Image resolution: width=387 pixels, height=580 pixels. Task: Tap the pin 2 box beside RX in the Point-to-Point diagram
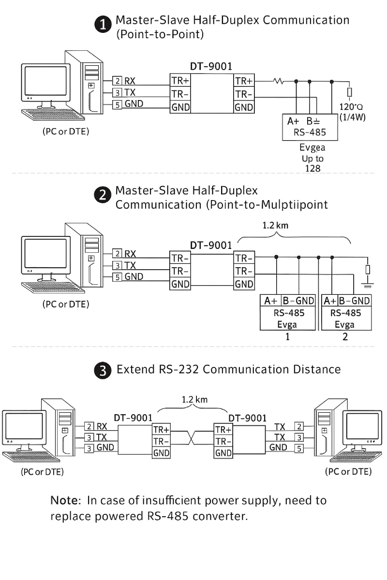[x=118, y=81]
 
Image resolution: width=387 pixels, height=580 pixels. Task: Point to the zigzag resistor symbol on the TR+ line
[x=279, y=81]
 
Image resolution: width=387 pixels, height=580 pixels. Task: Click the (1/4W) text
[x=353, y=117]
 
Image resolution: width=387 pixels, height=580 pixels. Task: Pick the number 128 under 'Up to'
[x=313, y=168]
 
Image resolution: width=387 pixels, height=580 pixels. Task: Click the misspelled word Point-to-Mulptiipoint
[x=268, y=204]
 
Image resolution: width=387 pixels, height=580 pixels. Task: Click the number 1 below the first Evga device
[x=287, y=337]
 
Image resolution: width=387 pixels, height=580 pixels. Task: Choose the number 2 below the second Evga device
[x=345, y=337]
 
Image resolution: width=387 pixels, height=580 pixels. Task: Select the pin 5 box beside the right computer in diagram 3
[x=299, y=448]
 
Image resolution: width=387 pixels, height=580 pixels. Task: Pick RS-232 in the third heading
[x=179, y=370]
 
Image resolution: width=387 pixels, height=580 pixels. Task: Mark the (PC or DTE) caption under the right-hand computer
[x=348, y=471]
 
